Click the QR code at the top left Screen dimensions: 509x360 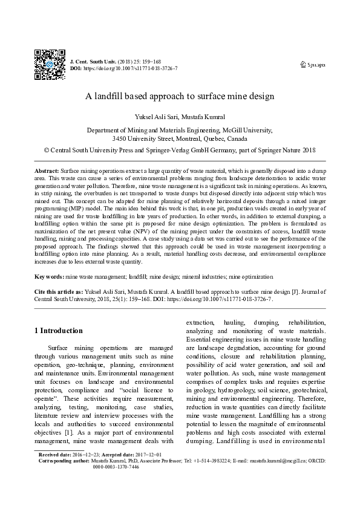[x=48, y=60]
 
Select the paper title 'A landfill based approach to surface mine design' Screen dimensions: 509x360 [x=180, y=96]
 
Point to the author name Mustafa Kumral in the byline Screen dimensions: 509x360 [x=204, y=115]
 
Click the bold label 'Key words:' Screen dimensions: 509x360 [x=49, y=276]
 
